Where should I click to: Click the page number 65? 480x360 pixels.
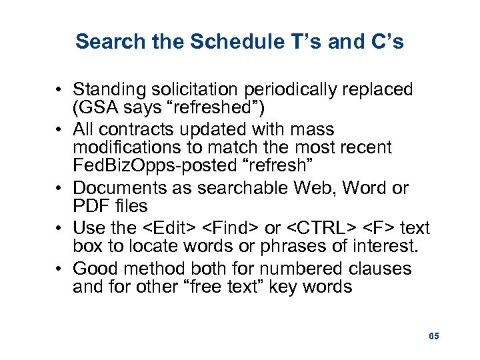(434, 337)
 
